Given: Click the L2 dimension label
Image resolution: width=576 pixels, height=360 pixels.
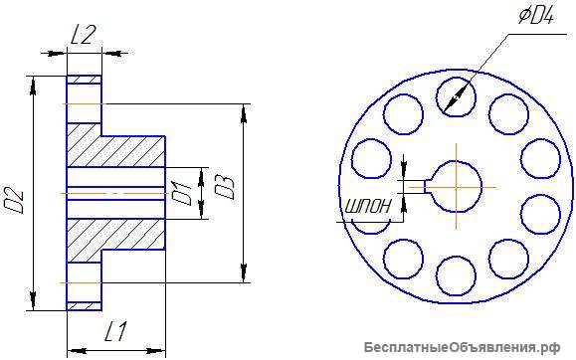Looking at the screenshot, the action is point(83,36).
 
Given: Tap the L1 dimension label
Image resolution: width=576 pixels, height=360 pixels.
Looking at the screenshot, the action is point(115,331).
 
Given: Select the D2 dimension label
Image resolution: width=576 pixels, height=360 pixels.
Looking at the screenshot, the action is point(14,201).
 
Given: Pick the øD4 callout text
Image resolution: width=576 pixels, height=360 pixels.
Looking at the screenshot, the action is point(536,16).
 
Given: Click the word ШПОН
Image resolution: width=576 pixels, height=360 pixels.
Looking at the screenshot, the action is point(368,207).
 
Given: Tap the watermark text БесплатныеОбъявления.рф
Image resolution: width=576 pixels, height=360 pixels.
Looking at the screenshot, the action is point(463,347).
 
